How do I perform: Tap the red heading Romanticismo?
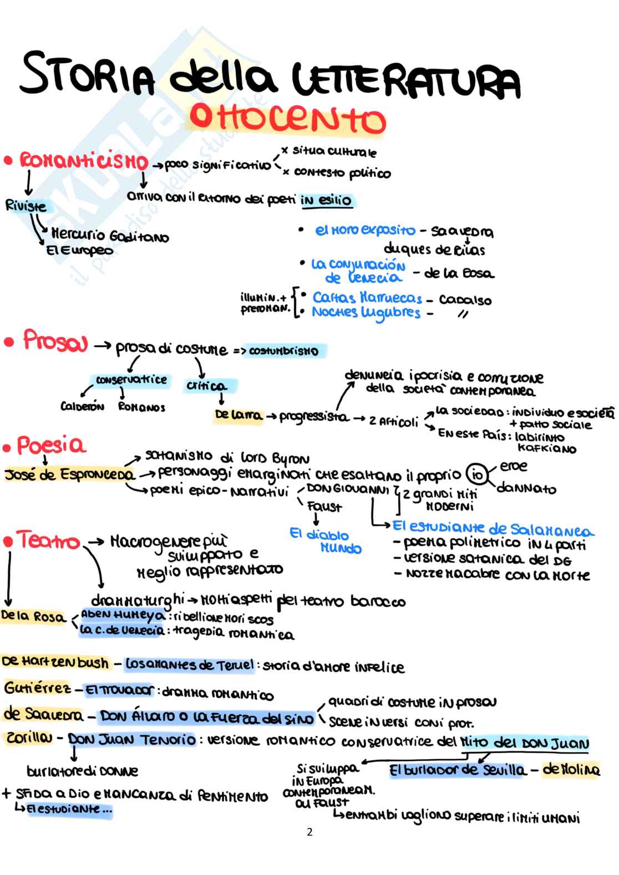(84, 162)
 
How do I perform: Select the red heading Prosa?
(55, 341)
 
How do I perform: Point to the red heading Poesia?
(51, 445)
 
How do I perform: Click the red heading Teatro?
(49, 540)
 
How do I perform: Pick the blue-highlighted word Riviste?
(26, 206)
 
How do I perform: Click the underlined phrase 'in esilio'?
(326, 200)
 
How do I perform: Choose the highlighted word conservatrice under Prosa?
(131, 380)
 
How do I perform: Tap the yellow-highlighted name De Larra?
(239, 416)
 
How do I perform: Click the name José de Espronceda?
(69, 475)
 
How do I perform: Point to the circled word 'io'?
(475, 475)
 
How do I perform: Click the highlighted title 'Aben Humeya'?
(123, 615)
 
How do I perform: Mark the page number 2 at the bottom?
(309, 832)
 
